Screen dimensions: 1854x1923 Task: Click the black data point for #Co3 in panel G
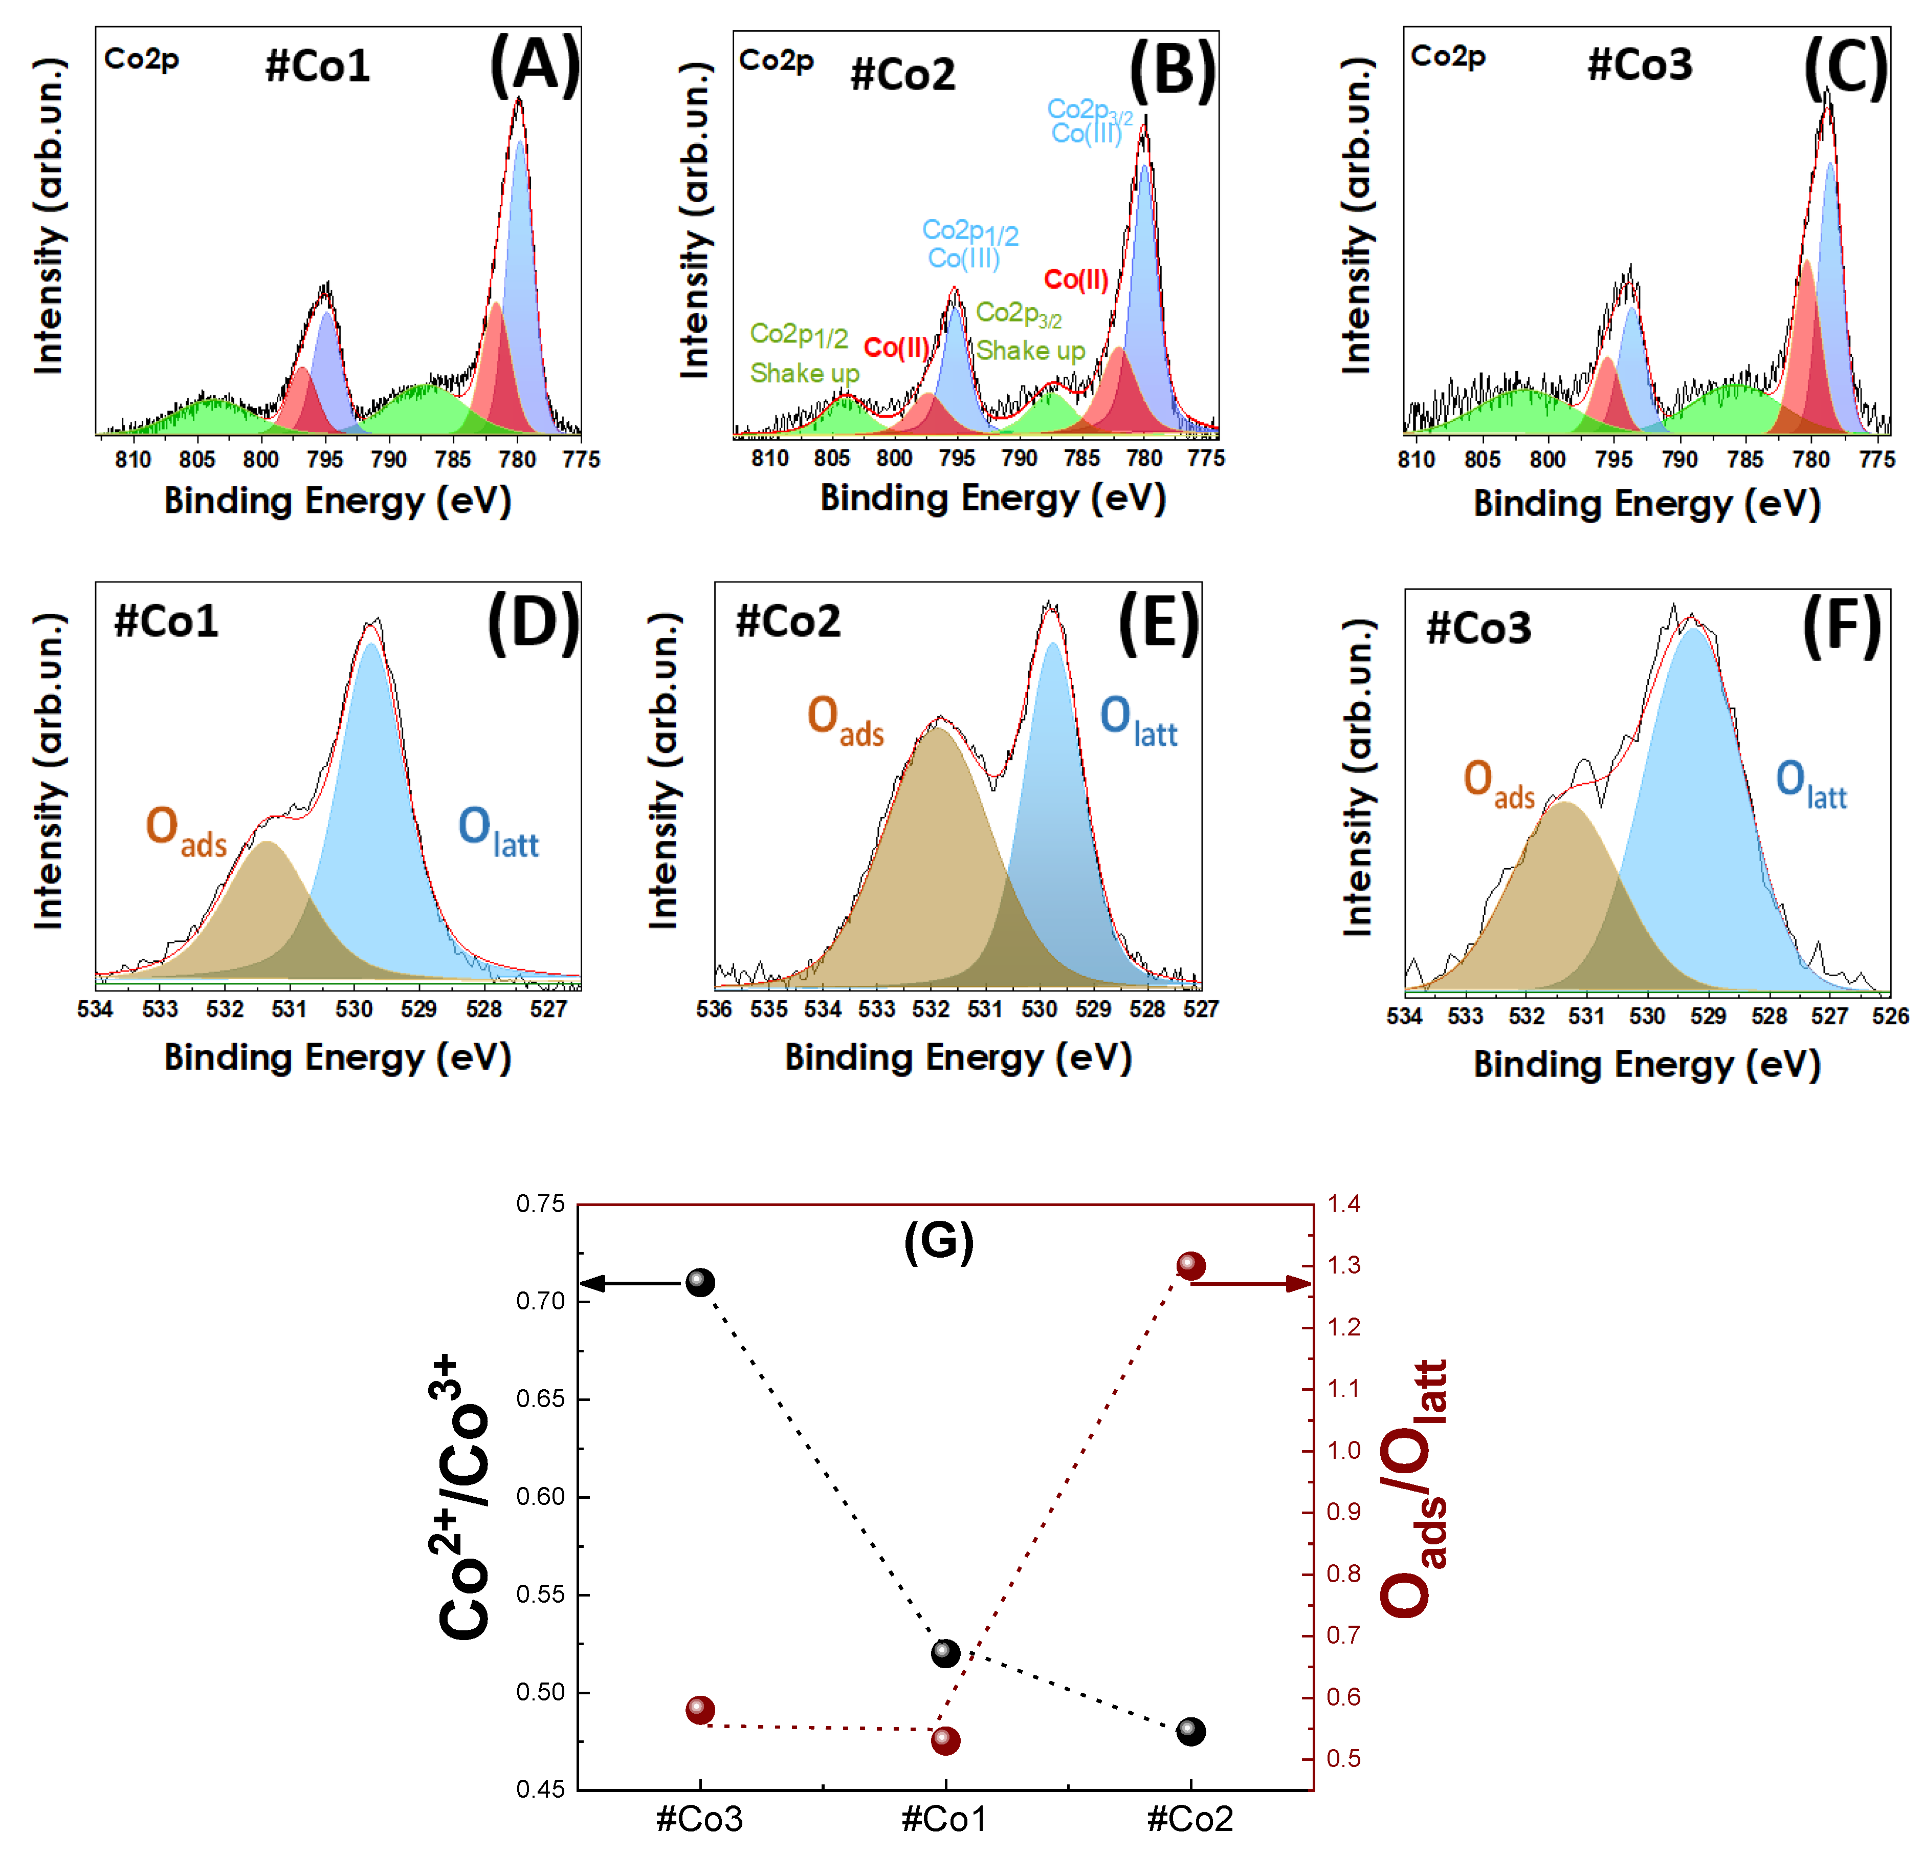[699, 1282]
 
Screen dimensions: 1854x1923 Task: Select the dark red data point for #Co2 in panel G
[1190, 1266]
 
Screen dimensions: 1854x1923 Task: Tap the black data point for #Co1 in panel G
[945, 1654]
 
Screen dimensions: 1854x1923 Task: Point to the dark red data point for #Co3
[699, 1710]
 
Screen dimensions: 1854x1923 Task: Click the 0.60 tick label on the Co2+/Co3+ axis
[541, 1497]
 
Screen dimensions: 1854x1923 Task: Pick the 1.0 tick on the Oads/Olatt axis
[1343, 1451]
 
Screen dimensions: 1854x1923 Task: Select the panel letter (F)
[1842, 628]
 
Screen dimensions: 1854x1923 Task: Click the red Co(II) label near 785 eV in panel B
[1076, 281]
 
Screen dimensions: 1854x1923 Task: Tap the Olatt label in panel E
[1138, 719]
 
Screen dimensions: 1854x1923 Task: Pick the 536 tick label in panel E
[714, 1009]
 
